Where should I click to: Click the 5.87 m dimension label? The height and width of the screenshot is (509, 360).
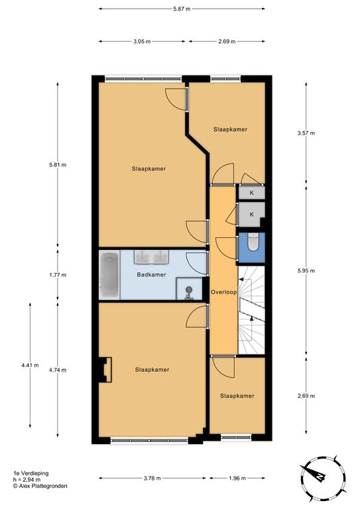click(x=182, y=9)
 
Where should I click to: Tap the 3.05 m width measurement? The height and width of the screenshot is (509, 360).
click(x=142, y=42)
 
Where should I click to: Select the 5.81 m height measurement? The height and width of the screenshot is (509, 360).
click(x=58, y=165)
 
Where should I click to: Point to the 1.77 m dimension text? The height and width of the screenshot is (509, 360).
click(x=58, y=275)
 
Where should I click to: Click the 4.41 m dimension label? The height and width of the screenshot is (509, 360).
click(x=30, y=365)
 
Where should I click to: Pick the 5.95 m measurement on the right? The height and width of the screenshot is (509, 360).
click(x=306, y=270)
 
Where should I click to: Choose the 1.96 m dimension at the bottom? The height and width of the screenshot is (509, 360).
click(x=237, y=478)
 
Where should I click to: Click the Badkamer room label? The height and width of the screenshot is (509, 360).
click(x=151, y=274)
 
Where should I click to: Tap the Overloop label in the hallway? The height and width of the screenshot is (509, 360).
click(x=223, y=292)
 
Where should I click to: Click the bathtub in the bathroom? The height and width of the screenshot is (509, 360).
click(x=109, y=274)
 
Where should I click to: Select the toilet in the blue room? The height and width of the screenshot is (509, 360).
click(x=253, y=242)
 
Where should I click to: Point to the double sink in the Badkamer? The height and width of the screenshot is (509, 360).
click(x=152, y=256)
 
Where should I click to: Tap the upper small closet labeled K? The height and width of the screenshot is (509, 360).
click(x=251, y=193)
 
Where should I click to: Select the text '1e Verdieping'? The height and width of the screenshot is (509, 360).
click(x=31, y=473)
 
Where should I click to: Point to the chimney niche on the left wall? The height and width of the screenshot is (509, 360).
click(x=105, y=370)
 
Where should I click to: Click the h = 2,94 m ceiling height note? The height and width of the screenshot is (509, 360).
click(x=27, y=479)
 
